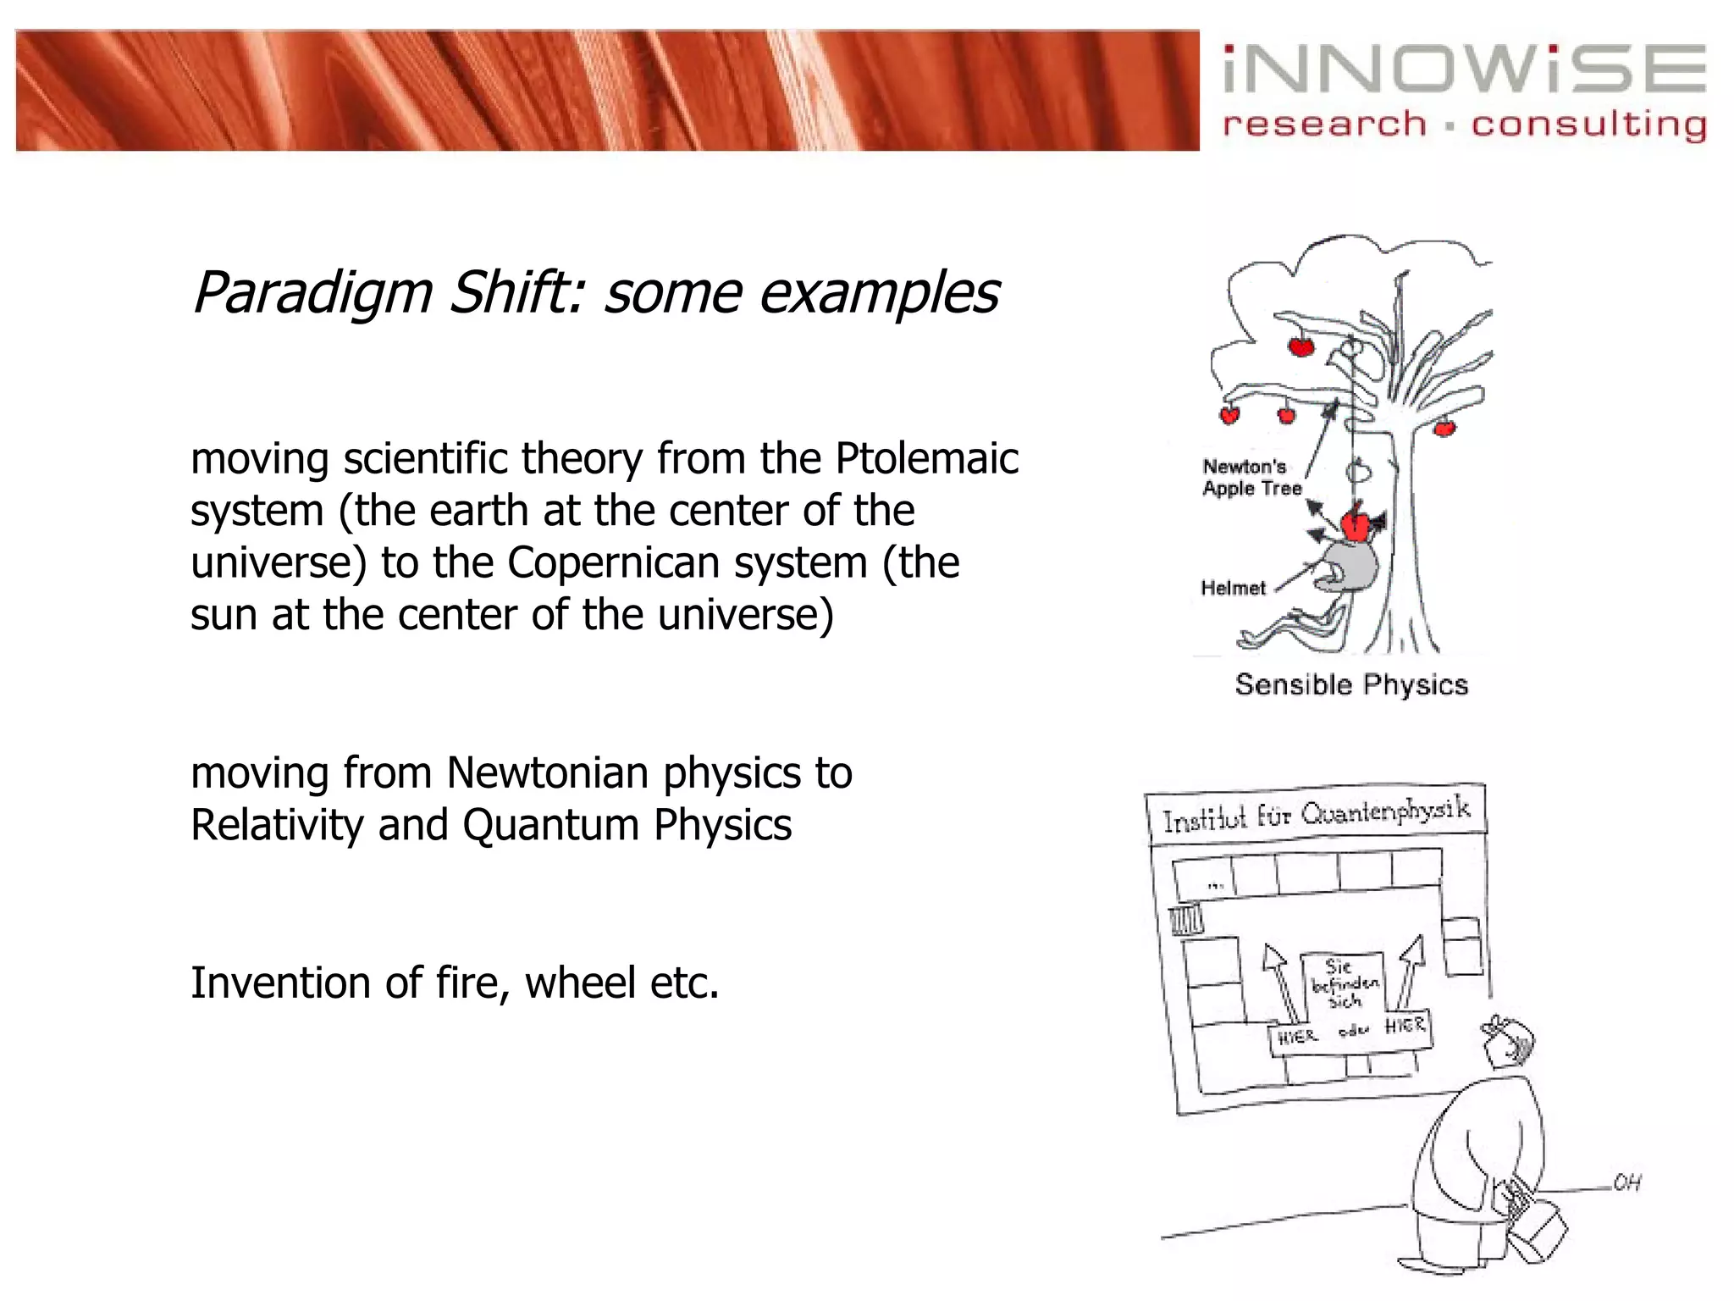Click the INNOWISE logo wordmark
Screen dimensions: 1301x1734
pos(1464,69)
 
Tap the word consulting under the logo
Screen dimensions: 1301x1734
pos(1588,125)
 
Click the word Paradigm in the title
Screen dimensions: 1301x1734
pos(312,292)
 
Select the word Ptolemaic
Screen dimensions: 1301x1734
pos(927,458)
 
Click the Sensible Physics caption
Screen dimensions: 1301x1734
pos(1351,684)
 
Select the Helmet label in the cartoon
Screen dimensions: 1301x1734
pos(1233,588)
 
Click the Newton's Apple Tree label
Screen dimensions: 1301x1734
pos(1251,478)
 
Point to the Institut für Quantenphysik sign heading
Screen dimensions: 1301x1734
pos(1316,814)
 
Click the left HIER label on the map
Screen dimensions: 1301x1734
pos(1296,1037)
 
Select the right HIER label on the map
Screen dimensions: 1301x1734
pos(1405,1026)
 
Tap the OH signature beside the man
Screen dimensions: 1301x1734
pos(1626,1182)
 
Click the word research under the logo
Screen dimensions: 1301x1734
pos(1324,125)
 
